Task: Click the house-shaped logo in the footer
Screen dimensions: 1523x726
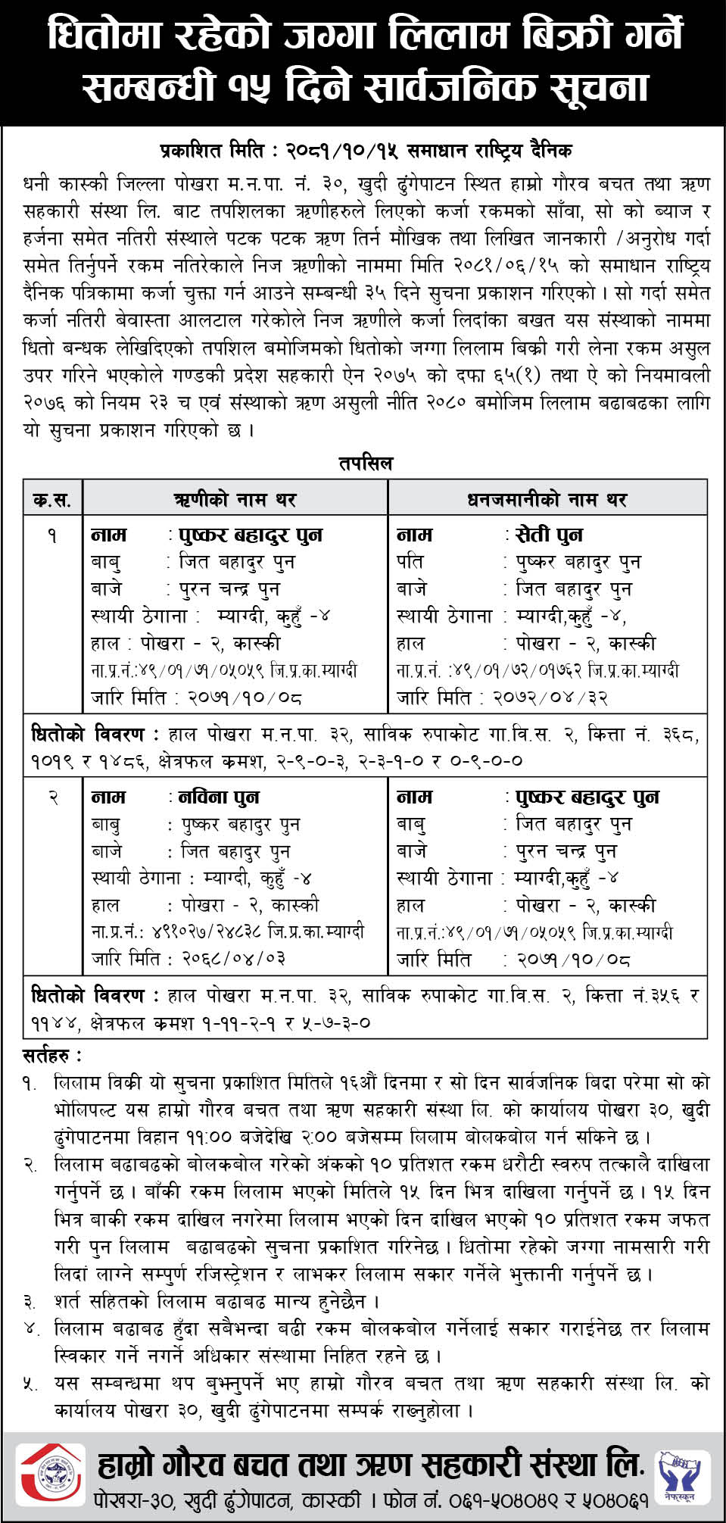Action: (x=51, y=1475)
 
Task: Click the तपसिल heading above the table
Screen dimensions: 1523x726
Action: (x=366, y=463)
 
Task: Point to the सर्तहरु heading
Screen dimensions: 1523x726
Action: (x=51, y=1055)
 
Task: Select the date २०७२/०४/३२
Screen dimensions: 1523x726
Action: (x=550, y=698)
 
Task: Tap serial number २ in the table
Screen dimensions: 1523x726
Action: (x=52, y=798)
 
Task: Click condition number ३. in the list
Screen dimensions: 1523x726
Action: (x=30, y=1302)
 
